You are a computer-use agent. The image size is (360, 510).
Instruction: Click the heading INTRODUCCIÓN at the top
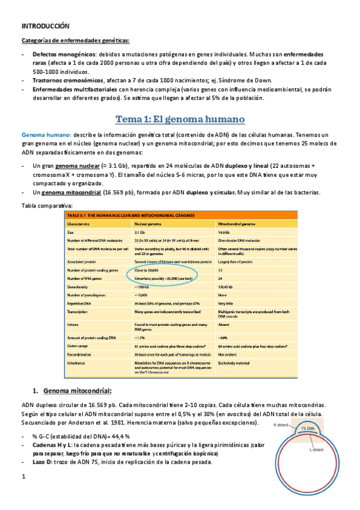pos(46,26)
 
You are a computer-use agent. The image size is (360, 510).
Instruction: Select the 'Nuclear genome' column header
pos(148,223)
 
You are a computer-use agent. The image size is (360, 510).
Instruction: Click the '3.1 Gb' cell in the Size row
pos(141,232)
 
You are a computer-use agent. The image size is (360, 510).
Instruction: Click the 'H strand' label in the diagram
pos(282,425)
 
